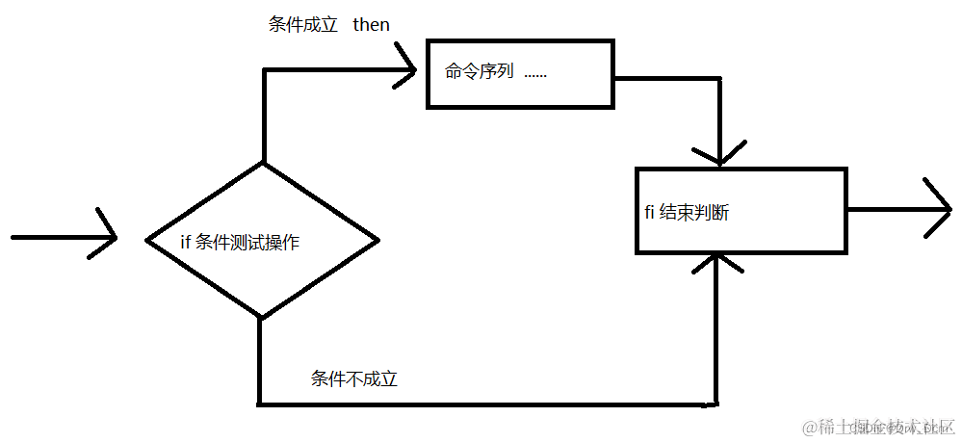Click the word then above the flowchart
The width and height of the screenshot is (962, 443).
[x=371, y=25]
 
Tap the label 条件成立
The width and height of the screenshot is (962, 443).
[x=302, y=25]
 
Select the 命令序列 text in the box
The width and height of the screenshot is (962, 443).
[x=479, y=72]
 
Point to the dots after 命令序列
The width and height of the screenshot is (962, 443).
[x=535, y=73]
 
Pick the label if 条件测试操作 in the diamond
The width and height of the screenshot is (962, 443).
[x=240, y=243]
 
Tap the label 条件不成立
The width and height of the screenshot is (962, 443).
[x=353, y=379]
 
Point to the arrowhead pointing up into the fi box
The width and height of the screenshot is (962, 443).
[x=717, y=260]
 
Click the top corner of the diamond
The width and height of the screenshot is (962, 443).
[x=262, y=163]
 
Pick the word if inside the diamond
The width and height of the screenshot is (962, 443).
[x=186, y=243]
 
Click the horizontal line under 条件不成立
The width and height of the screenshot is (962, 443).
[x=481, y=404]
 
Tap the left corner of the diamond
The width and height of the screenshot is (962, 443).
[x=145, y=239]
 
